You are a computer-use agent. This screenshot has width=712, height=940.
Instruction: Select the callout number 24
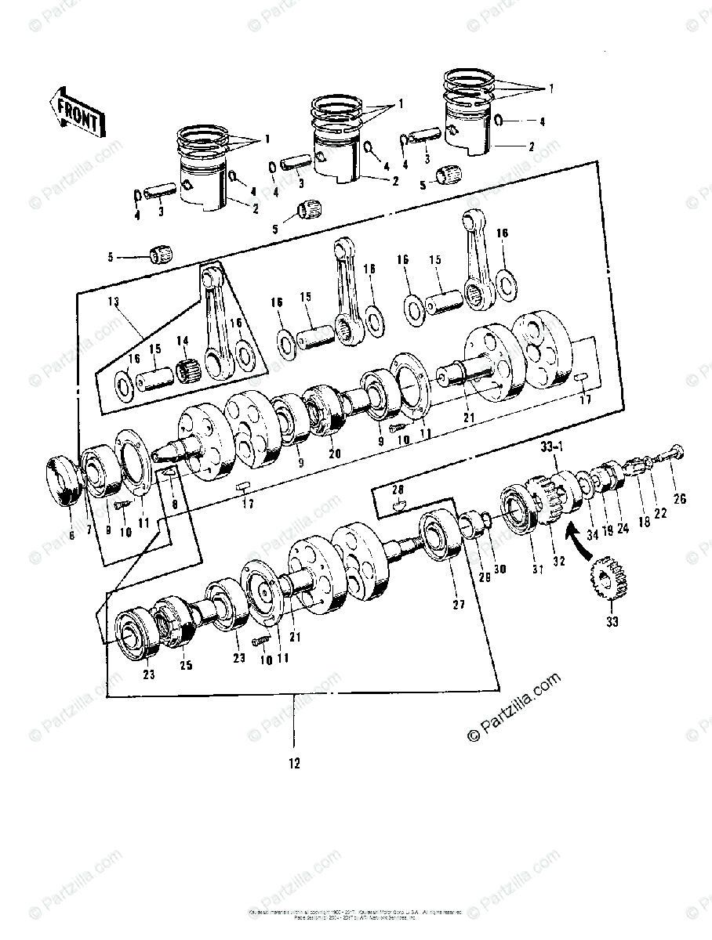[623, 528]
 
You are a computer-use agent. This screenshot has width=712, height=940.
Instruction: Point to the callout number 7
[88, 530]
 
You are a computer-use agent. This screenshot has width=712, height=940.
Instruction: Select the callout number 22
[660, 513]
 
